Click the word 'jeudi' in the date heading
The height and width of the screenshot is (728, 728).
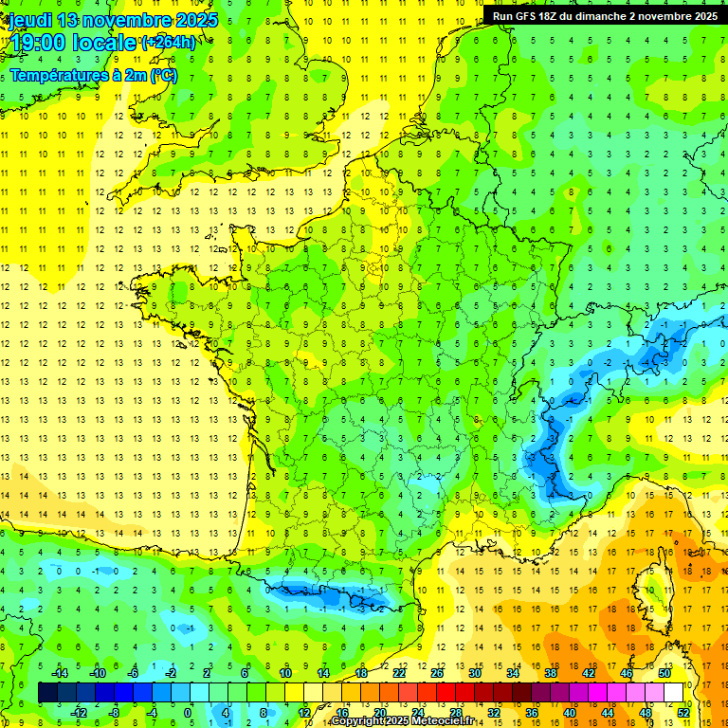point(29,20)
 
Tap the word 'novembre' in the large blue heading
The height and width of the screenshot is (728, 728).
point(129,20)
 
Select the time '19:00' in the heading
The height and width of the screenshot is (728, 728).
point(39,42)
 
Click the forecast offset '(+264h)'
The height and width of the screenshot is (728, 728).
point(169,42)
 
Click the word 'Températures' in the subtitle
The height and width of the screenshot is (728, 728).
point(56,76)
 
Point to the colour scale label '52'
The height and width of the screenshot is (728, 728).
point(683,713)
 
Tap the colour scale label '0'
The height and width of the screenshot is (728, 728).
point(188,713)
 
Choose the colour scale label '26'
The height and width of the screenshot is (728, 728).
point(437,673)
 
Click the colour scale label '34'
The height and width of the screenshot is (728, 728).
point(513,673)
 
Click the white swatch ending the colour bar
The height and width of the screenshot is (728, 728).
point(673,693)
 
